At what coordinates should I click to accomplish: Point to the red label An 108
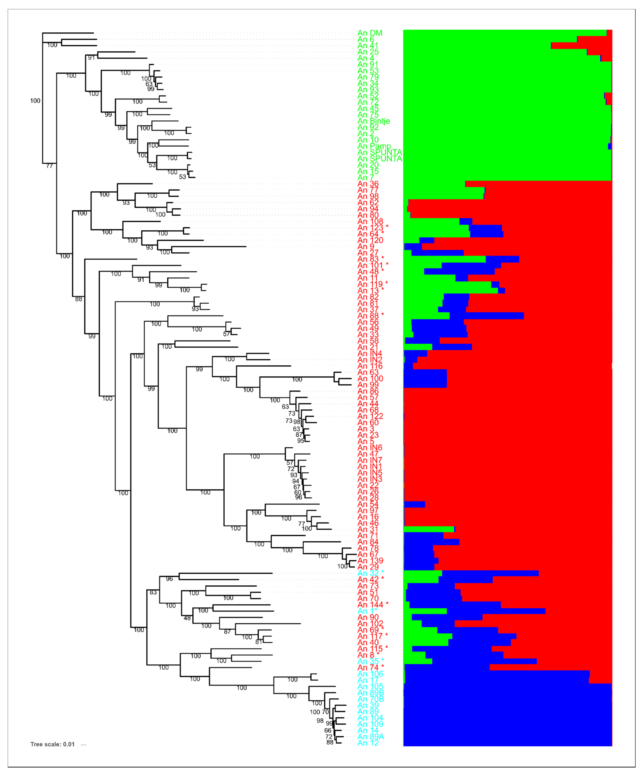[x=370, y=222]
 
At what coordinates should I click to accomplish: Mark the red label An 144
[x=370, y=604]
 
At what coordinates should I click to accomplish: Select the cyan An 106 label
[x=370, y=674]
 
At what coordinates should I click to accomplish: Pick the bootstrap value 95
[x=301, y=441]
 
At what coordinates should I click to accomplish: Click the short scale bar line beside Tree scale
[x=84, y=745]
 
